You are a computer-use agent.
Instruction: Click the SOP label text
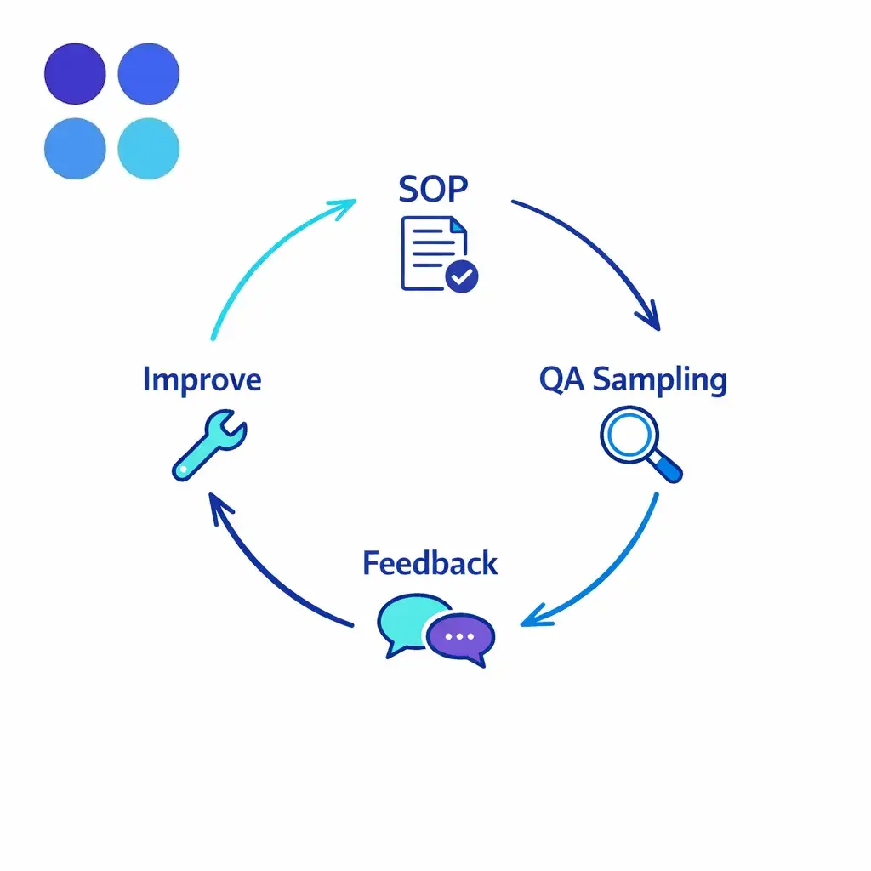click(433, 189)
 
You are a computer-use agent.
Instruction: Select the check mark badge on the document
click(462, 276)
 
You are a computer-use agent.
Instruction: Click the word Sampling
click(660, 379)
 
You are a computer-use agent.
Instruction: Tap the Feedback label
click(430, 563)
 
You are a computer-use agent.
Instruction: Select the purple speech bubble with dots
click(460, 636)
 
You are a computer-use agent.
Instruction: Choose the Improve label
click(202, 379)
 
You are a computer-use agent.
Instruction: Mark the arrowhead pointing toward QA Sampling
click(650, 320)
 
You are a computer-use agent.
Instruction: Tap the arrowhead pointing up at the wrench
click(219, 507)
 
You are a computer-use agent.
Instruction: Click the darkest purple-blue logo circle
click(75, 75)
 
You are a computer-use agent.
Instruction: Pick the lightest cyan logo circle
click(148, 149)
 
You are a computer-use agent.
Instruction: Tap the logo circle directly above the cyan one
click(148, 75)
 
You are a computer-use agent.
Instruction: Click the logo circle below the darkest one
click(75, 149)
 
